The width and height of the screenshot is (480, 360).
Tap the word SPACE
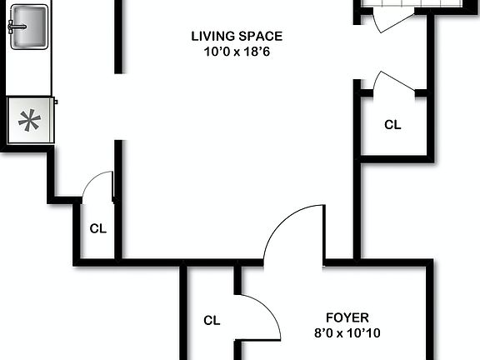click(x=262, y=36)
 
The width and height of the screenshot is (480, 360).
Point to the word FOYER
click(x=347, y=317)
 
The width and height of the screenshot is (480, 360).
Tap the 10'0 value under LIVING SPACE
click(x=215, y=51)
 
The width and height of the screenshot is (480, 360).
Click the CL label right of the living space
click(x=392, y=125)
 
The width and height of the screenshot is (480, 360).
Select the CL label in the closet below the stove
click(x=97, y=228)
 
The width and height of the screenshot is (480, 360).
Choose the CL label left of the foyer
click(x=212, y=320)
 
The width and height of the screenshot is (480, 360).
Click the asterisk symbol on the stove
click(x=29, y=122)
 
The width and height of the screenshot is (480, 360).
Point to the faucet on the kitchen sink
click(x=16, y=27)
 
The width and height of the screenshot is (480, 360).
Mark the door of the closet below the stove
click(x=99, y=183)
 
